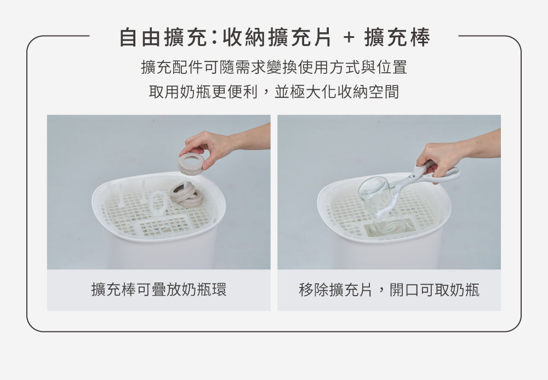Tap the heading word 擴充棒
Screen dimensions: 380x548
click(x=397, y=37)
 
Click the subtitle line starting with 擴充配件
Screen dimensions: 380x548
click(x=274, y=67)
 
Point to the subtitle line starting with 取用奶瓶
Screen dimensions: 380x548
click(x=274, y=91)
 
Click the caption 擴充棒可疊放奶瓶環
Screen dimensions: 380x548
click(x=158, y=290)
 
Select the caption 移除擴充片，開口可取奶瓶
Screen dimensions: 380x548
click(x=389, y=290)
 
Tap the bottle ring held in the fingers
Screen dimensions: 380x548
click(x=191, y=163)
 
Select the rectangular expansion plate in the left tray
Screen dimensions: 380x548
click(x=162, y=225)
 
